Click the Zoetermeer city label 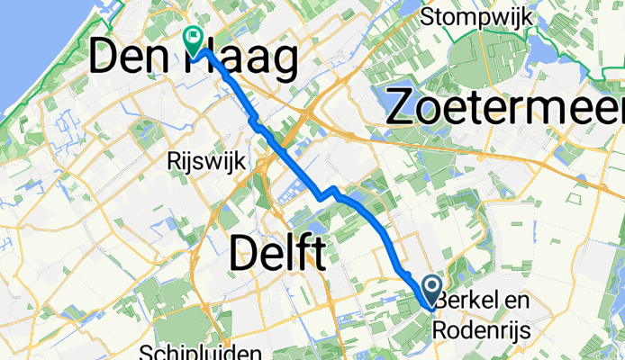[504, 106]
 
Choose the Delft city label [276, 253]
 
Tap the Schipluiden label [202, 351]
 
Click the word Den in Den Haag [130, 61]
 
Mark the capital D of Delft [245, 253]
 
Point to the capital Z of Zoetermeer [402, 106]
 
